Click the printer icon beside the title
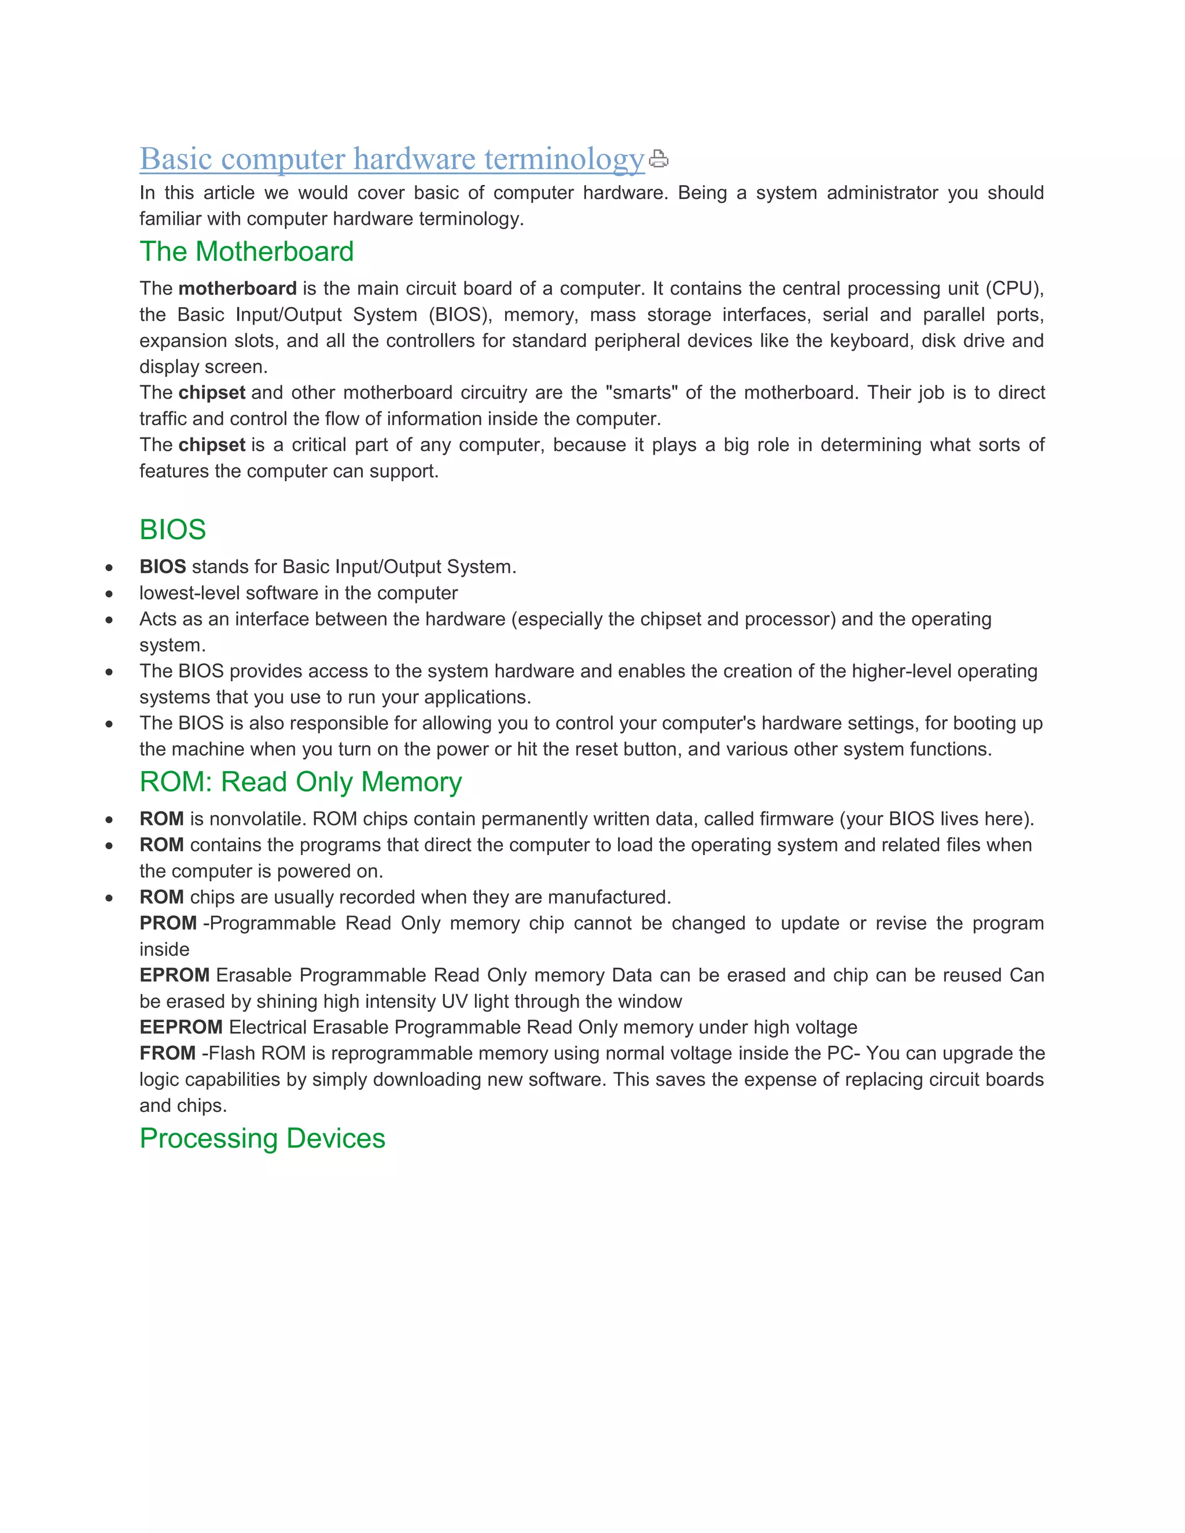coord(658,159)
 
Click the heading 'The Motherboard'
coord(246,251)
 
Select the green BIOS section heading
coord(172,529)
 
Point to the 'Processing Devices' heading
coord(263,1138)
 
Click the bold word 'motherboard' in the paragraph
coord(237,289)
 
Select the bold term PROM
coord(168,923)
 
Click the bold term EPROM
coord(174,975)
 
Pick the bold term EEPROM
coord(181,1027)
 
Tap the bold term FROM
coord(168,1053)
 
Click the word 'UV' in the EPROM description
coord(454,1001)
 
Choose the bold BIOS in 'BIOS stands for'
coord(163,566)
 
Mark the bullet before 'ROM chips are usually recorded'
coord(109,898)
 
